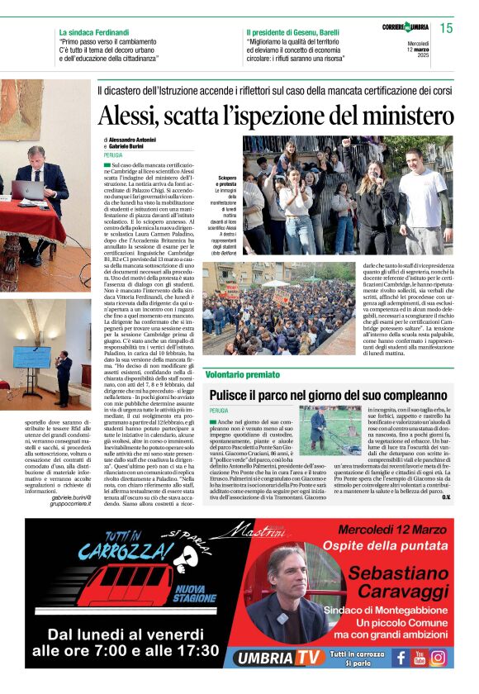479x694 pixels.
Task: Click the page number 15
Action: (x=447, y=29)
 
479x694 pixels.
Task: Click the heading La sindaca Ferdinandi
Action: (x=93, y=32)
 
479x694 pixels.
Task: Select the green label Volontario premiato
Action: (x=243, y=375)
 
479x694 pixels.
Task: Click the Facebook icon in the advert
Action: (x=401, y=658)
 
